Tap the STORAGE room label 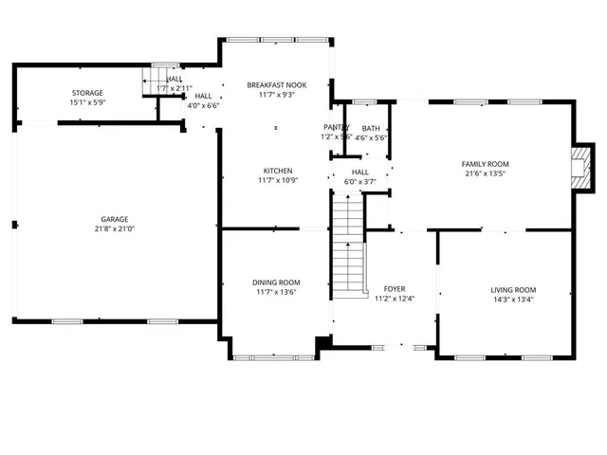click(86, 92)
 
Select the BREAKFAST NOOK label click(277, 84)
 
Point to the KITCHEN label click(277, 171)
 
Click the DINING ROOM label click(276, 282)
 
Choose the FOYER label click(395, 289)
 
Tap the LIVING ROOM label click(513, 289)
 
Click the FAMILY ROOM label click(486, 164)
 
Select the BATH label click(371, 128)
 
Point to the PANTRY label click(336, 127)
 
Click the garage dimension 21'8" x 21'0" click(115, 228)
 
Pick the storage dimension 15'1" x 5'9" click(86, 101)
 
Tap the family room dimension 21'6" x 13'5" click(486, 173)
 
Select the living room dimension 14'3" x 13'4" click(513, 299)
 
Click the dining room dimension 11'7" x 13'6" click(276, 292)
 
